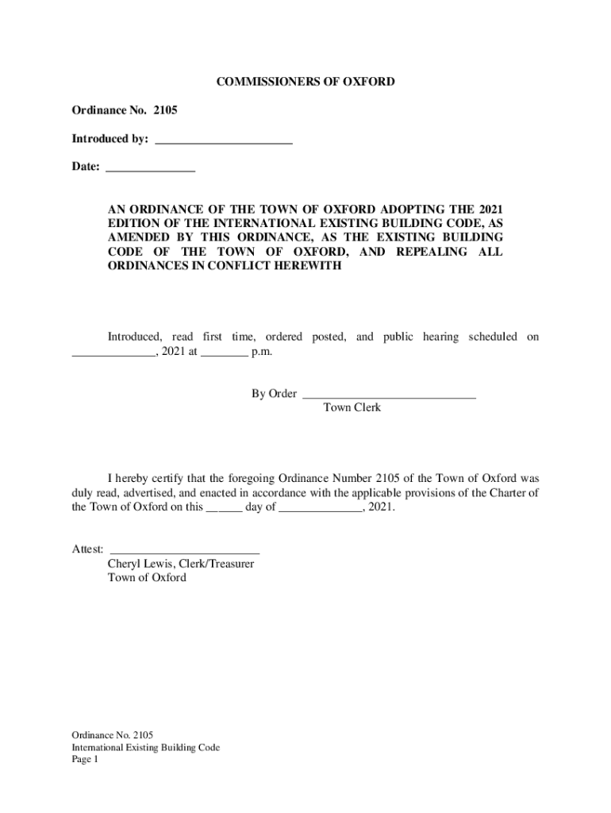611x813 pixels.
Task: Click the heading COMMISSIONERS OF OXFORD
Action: (305, 82)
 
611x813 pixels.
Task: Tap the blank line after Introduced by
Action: (224, 141)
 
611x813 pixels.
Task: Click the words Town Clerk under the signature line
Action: (352, 407)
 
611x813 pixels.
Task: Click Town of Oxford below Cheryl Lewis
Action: (147, 578)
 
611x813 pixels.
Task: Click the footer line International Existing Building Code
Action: (145, 748)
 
